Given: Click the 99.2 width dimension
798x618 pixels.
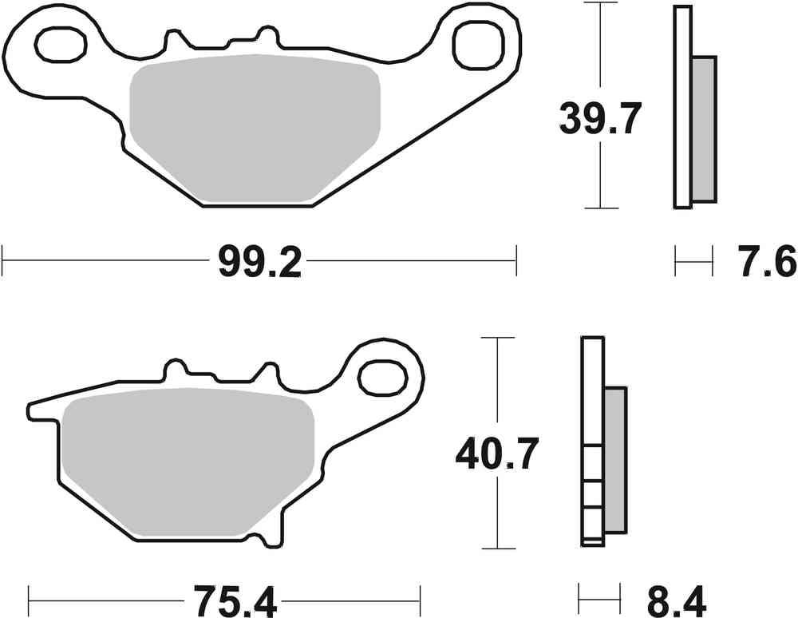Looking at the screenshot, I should [x=259, y=262].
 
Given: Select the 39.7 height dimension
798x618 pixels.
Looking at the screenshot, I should [x=599, y=121].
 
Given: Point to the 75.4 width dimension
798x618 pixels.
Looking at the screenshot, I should [x=226, y=597].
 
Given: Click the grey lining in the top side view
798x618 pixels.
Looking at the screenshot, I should [x=703, y=128].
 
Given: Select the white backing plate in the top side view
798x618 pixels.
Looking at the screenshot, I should [x=681, y=107].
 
